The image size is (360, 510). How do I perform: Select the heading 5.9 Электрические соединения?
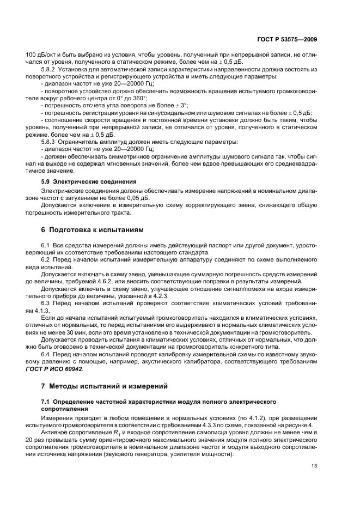click(x=89, y=180)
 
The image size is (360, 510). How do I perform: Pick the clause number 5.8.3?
click(x=49, y=142)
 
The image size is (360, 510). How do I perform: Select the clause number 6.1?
click(x=46, y=246)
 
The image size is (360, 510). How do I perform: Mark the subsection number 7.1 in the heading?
click(x=46, y=402)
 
